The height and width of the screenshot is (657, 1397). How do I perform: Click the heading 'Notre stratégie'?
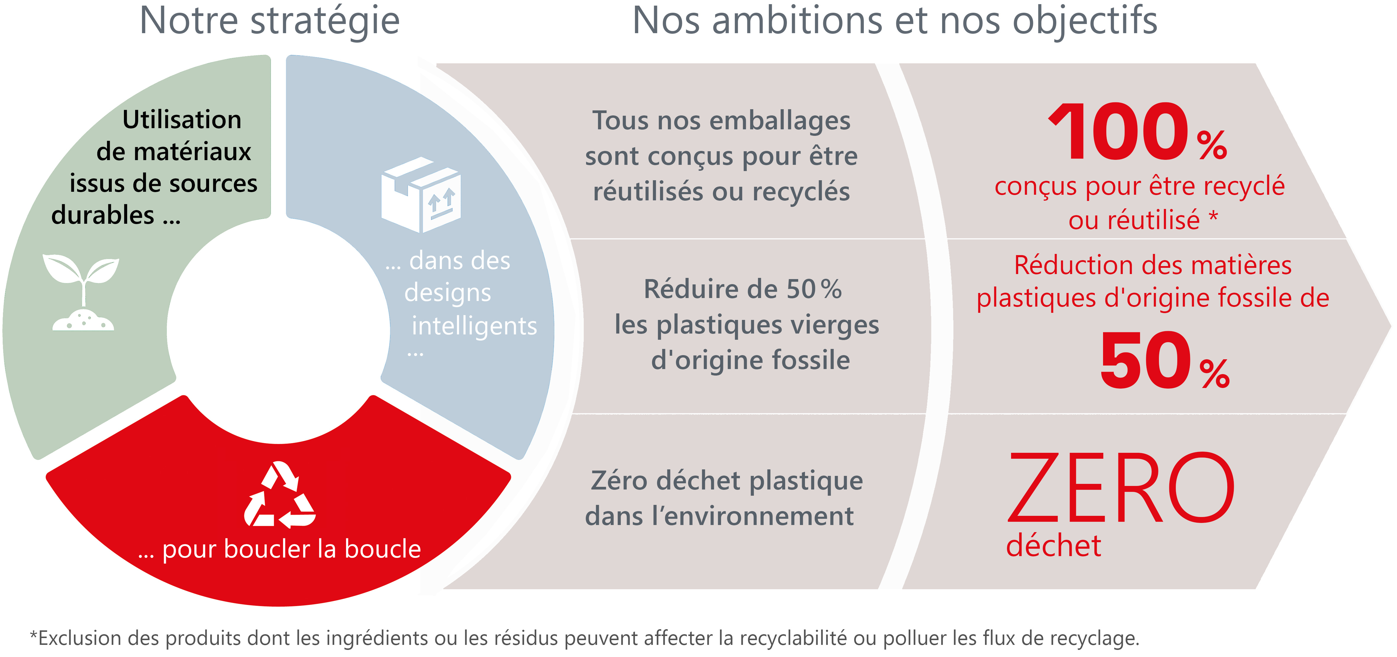pyautogui.click(x=269, y=21)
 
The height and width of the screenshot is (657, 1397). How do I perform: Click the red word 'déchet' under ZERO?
pyautogui.click(x=1053, y=545)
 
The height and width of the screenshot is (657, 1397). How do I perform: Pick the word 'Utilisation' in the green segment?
pyautogui.click(x=182, y=119)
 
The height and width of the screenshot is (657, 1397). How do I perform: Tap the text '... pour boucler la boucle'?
pyautogui.click(x=279, y=549)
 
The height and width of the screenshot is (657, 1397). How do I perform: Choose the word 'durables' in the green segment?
pyautogui.click(x=103, y=215)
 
